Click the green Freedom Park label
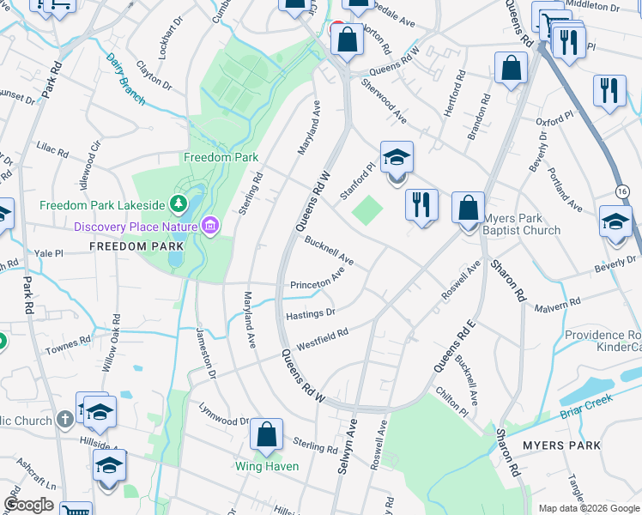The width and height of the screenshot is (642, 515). [221, 158]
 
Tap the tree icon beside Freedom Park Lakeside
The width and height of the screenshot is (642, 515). [178, 204]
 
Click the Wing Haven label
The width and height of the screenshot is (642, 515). [267, 466]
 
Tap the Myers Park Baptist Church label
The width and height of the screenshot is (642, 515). [521, 224]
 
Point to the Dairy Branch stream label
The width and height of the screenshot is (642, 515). [127, 79]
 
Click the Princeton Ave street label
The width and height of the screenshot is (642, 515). [317, 280]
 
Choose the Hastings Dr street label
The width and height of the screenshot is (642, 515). [310, 315]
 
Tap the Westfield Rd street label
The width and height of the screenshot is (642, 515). [323, 340]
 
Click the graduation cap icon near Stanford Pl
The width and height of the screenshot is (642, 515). [397, 158]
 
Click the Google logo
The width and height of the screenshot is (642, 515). [28, 506]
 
